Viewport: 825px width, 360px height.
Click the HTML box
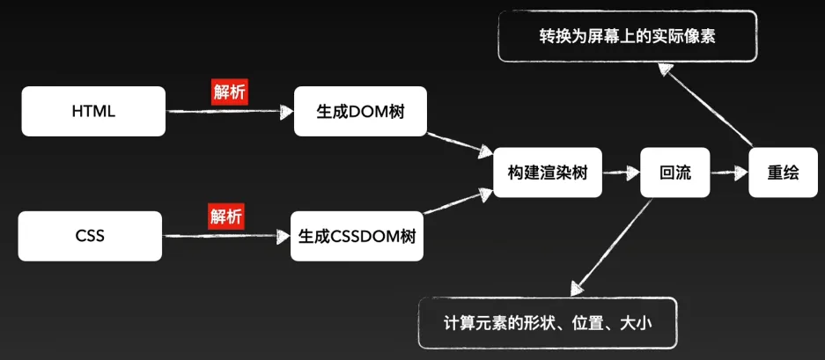93,112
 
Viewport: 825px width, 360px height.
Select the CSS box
90,236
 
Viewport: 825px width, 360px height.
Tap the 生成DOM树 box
360,112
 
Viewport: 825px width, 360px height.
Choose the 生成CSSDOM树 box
357,236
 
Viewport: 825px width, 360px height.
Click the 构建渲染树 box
547,173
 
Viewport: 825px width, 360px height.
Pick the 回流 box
675,173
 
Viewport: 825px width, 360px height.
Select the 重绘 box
784,173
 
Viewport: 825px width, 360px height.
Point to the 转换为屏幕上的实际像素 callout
627,36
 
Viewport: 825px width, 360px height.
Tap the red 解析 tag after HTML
230,92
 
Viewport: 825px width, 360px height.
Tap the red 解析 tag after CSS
226,216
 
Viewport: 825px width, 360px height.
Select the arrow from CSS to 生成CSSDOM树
225,236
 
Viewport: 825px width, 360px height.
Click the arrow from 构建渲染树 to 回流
620,173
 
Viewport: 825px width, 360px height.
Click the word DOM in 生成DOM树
367,112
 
